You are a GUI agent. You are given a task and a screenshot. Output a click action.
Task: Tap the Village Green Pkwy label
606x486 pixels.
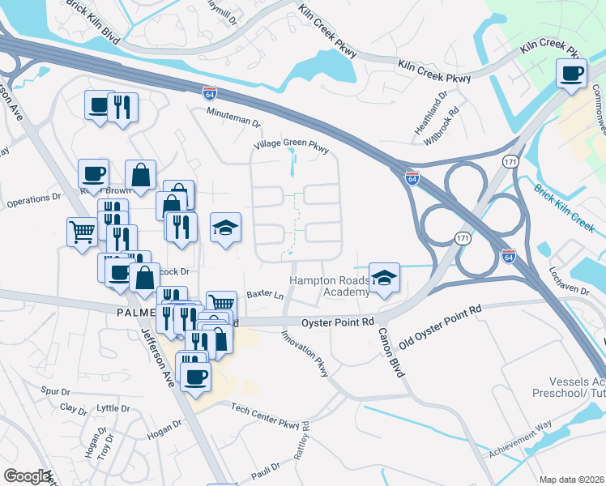[x=291, y=147]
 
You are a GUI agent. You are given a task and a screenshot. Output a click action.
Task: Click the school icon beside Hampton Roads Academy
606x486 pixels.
[x=386, y=278]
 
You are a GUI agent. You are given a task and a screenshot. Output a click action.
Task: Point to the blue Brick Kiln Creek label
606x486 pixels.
[x=565, y=206]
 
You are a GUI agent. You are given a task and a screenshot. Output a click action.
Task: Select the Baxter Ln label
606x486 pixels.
[x=265, y=295]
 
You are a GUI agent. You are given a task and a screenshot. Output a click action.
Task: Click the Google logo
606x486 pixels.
[x=27, y=476]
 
